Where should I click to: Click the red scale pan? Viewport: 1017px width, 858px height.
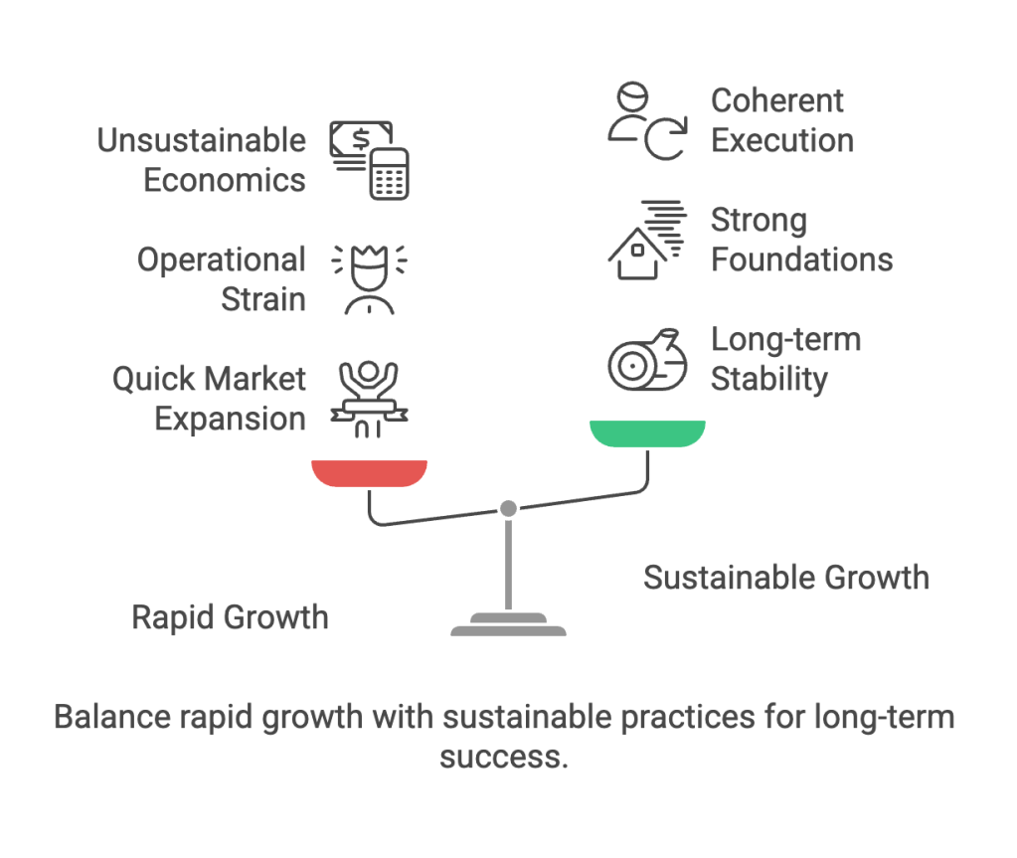pos(369,472)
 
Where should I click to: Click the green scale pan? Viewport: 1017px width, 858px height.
pos(647,432)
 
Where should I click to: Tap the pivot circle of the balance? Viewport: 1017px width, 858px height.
pos(508,508)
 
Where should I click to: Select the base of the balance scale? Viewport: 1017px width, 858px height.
pos(508,626)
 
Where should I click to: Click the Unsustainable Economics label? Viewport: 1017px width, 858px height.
pos(201,160)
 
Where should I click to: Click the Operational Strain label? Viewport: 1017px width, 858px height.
pos(221,279)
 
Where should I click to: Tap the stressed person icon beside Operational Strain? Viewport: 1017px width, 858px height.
pos(369,279)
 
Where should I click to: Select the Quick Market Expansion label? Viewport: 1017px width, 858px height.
pos(209,399)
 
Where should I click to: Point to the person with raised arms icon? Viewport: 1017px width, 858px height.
pos(369,398)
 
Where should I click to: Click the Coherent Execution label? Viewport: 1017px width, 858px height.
pos(781,120)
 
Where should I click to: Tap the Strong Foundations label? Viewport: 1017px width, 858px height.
pos(801,240)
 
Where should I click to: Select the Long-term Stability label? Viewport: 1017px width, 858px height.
pos(785,359)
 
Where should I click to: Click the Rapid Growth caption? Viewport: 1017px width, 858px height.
pos(230,617)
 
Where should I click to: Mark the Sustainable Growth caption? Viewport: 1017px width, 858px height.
pos(785,578)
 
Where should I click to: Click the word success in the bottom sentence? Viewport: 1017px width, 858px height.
pos(503,757)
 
